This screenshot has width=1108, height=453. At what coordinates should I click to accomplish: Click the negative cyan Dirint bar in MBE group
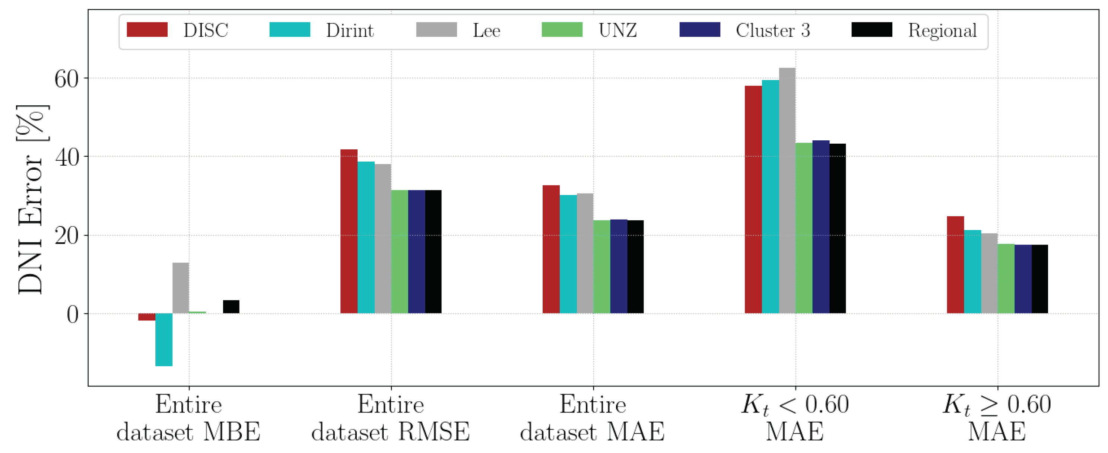point(164,339)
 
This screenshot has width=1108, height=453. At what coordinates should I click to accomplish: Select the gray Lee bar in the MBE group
point(181,288)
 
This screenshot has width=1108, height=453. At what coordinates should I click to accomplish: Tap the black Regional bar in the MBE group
point(231,306)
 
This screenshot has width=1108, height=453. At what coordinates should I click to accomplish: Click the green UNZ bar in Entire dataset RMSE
point(400,251)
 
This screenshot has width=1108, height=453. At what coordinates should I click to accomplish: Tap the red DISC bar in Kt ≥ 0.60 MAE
point(955,265)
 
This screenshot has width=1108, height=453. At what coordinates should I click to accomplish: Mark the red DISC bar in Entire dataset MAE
point(551,249)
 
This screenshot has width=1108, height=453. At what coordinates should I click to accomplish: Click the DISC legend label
point(206,31)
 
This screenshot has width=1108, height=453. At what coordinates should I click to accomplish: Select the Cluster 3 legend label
point(772,31)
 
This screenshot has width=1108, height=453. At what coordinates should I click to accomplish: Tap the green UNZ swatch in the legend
point(562,30)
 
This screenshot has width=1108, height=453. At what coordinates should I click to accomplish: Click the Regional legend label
point(942,31)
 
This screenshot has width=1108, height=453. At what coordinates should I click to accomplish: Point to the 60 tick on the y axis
point(67,79)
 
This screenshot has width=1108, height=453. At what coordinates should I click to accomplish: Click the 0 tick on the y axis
point(73,315)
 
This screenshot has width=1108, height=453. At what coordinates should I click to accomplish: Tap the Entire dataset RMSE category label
point(391,418)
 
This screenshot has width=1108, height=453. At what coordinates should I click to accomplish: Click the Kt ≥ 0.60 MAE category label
point(997,418)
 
